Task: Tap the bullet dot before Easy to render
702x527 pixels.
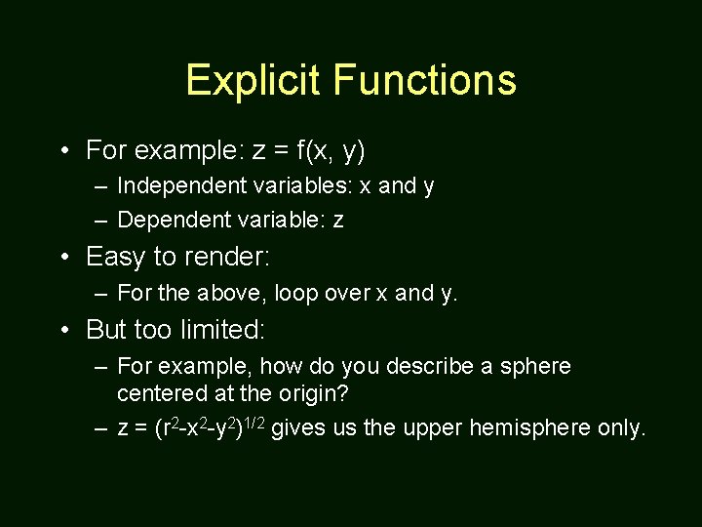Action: pyautogui.click(x=63, y=258)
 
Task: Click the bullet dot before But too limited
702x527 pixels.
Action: pyautogui.click(x=63, y=330)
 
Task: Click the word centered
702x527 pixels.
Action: pyautogui.click(x=159, y=393)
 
